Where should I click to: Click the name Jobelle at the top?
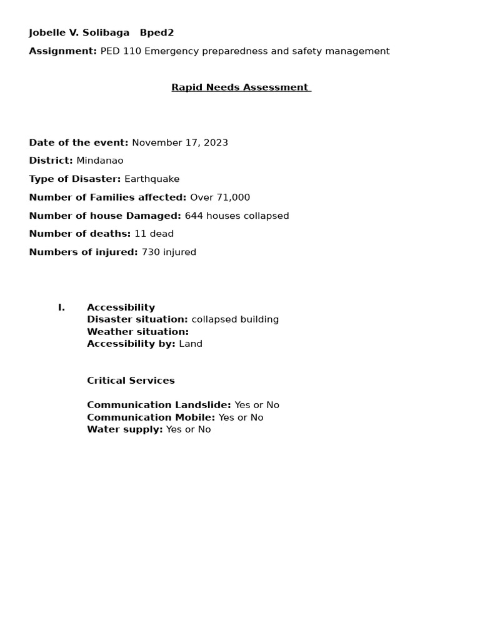click(46, 32)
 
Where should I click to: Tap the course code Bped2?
click(157, 32)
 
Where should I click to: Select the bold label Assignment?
click(62, 51)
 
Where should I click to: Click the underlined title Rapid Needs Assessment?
click(241, 87)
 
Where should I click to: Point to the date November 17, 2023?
click(180, 142)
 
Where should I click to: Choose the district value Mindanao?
click(100, 161)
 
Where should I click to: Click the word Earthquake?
click(152, 179)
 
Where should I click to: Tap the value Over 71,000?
click(220, 197)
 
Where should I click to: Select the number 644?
click(194, 216)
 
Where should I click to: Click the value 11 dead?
click(154, 234)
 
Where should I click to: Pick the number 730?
click(151, 252)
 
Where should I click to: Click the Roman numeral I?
click(61, 307)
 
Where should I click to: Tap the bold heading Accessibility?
click(121, 307)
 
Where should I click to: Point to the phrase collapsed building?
click(235, 319)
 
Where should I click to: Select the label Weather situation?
click(137, 332)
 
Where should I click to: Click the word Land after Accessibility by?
click(191, 344)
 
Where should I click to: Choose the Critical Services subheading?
click(131, 381)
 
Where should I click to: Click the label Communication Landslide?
click(159, 405)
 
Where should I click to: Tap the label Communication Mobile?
click(151, 417)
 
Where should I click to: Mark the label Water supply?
click(124, 429)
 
